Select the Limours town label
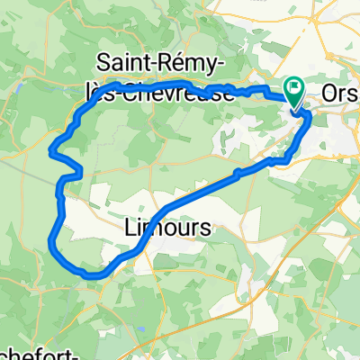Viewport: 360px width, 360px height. pos(166,229)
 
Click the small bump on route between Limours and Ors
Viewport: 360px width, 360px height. pos(237,172)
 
